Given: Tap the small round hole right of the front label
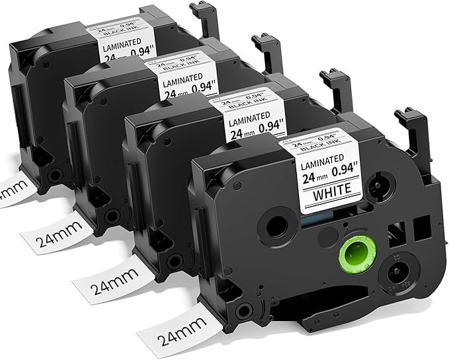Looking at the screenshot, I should pyautogui.click(x=381, y=184).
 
